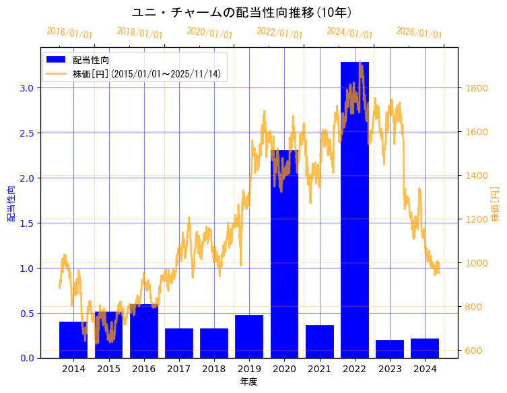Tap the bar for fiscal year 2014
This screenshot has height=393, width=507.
[x=73, y=340]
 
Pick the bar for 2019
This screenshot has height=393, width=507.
[x=249, y=336]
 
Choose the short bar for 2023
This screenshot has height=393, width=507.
[x=389, y=349]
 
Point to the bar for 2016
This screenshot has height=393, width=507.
[x=143, y=331]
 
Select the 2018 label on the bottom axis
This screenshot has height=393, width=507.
[x=213, y=369]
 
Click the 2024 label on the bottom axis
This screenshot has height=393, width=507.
[x=424, y=369]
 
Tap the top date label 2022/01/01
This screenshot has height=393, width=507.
[x=279, y=33]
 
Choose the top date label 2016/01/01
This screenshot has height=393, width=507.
[x=69, y=33]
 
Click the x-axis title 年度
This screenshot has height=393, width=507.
[x=248, y=382]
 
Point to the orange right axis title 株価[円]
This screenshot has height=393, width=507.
[x=495, y=205]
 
